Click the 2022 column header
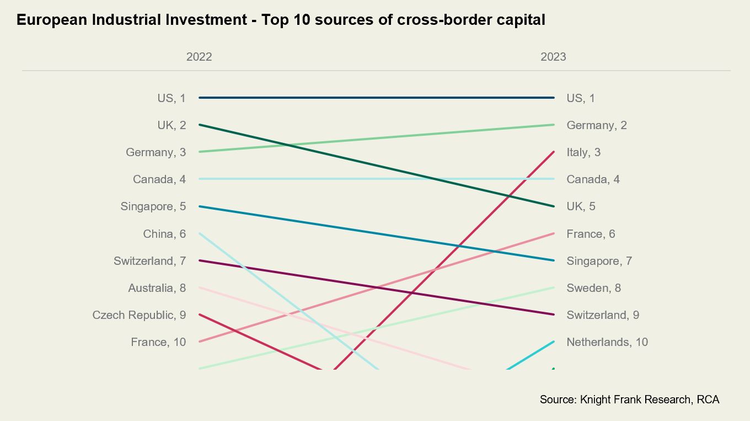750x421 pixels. click(x=199, y=57)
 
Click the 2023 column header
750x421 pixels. click(x=553, y=57)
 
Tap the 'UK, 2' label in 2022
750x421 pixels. click(x=172, y=125)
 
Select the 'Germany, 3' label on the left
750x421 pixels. click(x=156, y=152)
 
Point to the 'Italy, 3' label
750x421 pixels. click(x=583, y=152)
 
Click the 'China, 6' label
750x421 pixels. click(x=164, y=234)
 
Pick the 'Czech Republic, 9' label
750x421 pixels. click(x=139, y=315)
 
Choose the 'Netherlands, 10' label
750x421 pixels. click(x=607, y=342)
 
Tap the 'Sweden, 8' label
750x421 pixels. click(x=594, y=288)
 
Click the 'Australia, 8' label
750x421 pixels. click(x=157, y=288)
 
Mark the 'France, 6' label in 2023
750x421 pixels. click(x=591, y=234)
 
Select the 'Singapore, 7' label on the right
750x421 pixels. click(x=599, y=261)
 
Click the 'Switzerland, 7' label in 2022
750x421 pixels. click(x=150, y=261)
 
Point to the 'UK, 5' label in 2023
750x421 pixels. click(x=581, y=206)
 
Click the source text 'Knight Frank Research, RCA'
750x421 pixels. click(x=650, y=399)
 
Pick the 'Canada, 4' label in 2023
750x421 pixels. click(x=593, y=179)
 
